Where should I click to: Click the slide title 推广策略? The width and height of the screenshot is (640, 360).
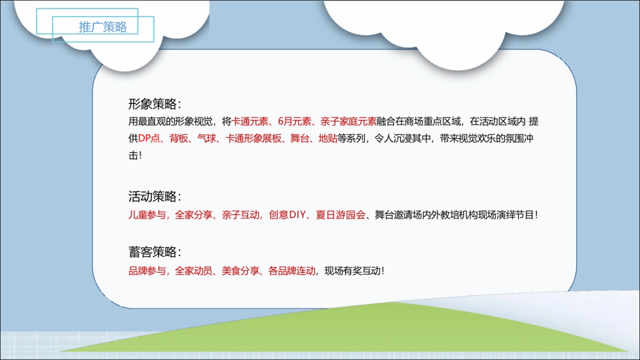(103, 27)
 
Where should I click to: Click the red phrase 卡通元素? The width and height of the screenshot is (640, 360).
(251, 121)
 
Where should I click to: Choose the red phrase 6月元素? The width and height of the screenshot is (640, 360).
(295, 121)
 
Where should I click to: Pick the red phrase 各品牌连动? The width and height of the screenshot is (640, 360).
(292, 270)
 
